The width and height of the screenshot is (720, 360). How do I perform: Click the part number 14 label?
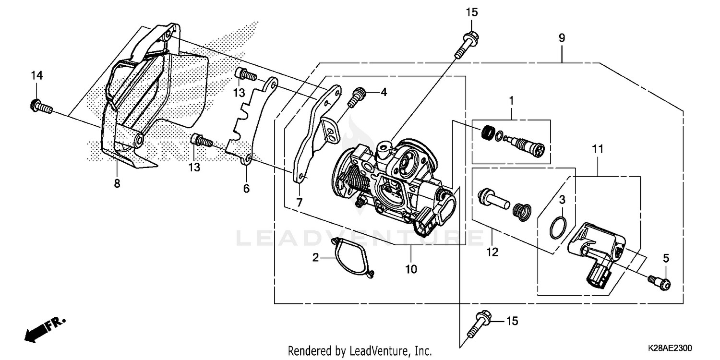pos(37,75)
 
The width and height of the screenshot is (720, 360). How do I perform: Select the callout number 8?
pos(117,183)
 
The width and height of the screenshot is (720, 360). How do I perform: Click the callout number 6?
pos(246,189)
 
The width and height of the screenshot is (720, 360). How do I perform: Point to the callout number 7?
pos(300,203)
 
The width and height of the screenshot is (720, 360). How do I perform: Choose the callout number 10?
pos(411,269)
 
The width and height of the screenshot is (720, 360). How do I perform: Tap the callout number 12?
pos(492,251)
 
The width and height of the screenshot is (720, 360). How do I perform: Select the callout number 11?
pos(598,150)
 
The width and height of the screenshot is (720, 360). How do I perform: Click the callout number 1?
pos(511,100)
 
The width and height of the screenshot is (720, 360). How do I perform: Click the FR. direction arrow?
pos(43,329)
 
